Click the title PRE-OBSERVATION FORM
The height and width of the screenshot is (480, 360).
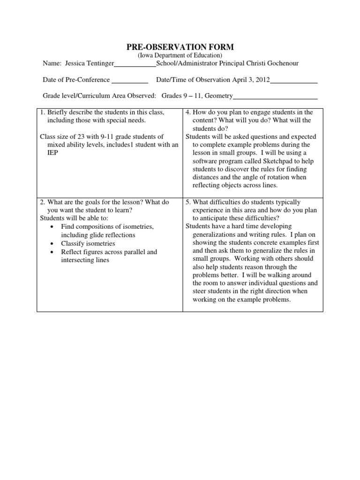coord(180,47)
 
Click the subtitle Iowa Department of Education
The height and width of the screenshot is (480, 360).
coord(180,56)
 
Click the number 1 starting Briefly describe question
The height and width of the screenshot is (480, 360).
coord(42,112)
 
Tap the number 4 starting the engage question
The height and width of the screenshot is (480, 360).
coord(187,112)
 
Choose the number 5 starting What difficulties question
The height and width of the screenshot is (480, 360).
coord(187,202)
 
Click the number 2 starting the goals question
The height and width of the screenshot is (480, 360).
coord(42,202)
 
